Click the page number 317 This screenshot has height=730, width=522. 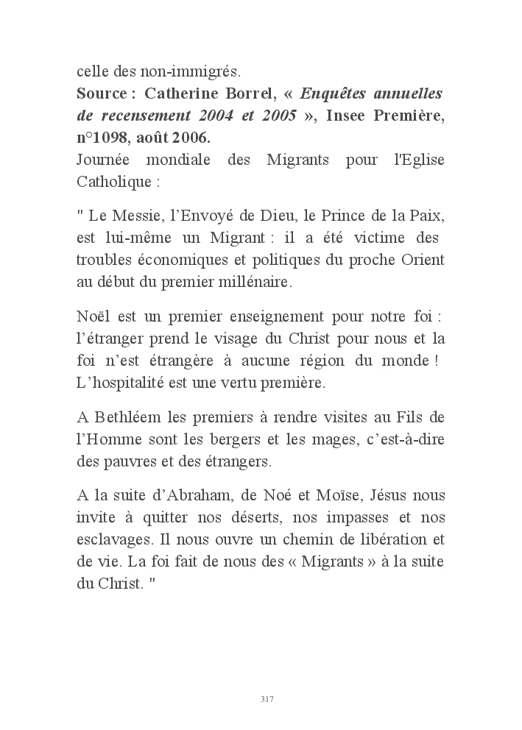[x=267, y=698]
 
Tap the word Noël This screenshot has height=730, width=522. [x=94, y=317]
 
